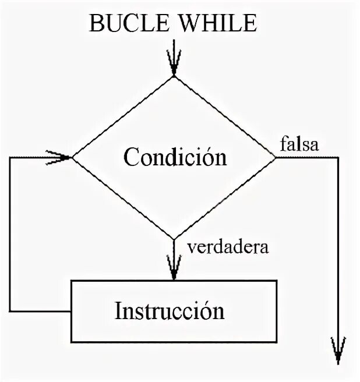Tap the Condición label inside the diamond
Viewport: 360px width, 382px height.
[x=175, y=157]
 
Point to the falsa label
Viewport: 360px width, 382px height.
[x=299, y=144]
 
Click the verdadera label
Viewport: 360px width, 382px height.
[x=228, y=247]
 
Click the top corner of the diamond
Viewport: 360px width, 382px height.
[x=173, y=76]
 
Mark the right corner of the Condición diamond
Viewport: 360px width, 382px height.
[x=276, y=157]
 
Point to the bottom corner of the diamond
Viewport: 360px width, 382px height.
[x=173, y=239]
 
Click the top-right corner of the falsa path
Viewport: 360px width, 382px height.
[x=337, y=157]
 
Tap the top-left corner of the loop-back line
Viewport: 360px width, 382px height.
[x=10, y=157]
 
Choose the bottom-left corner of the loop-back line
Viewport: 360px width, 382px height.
[x=10, y=310]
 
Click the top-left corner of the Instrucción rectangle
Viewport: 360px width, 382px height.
[x=71, y=281]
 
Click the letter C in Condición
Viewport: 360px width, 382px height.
[x=130, y=157]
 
